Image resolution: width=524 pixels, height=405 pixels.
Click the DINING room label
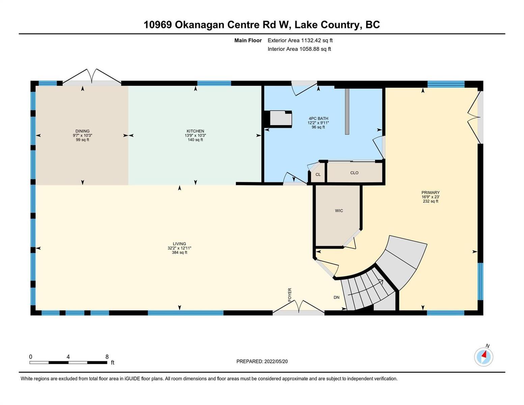tap(82, 131)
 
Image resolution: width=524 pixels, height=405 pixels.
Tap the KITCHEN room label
tap(195, 131)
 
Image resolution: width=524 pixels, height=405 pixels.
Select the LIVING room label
tap(179, 244)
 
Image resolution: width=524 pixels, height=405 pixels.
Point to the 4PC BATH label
tap(318, 118)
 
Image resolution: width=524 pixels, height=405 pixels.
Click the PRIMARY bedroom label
tap(431, 192)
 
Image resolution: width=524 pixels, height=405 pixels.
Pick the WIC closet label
tap(339, 211)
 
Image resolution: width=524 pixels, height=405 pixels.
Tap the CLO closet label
tap(354, 173)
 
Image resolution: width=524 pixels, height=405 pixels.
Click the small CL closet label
tap(318, 174)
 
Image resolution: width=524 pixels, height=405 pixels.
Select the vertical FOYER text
tap(289, 294)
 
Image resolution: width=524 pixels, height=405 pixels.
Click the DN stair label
tap(336, 297)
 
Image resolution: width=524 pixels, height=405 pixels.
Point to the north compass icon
tap(483, 356)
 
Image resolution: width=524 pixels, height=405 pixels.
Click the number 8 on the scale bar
tap(107, 356)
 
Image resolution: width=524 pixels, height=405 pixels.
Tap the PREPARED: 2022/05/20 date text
tap(262, 361)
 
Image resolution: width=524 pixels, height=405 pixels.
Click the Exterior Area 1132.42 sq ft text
tap(300, 40)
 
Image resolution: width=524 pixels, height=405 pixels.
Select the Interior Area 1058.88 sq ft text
tap(299, 49)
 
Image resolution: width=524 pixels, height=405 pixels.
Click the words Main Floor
tap(248, 40)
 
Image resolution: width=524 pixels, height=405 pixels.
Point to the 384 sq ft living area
tap(180, 252)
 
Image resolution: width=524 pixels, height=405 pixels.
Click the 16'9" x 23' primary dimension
tap(431, 197)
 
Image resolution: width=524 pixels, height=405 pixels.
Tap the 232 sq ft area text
tap(431, 201)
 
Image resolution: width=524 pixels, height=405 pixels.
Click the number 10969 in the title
tap(158, 25)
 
